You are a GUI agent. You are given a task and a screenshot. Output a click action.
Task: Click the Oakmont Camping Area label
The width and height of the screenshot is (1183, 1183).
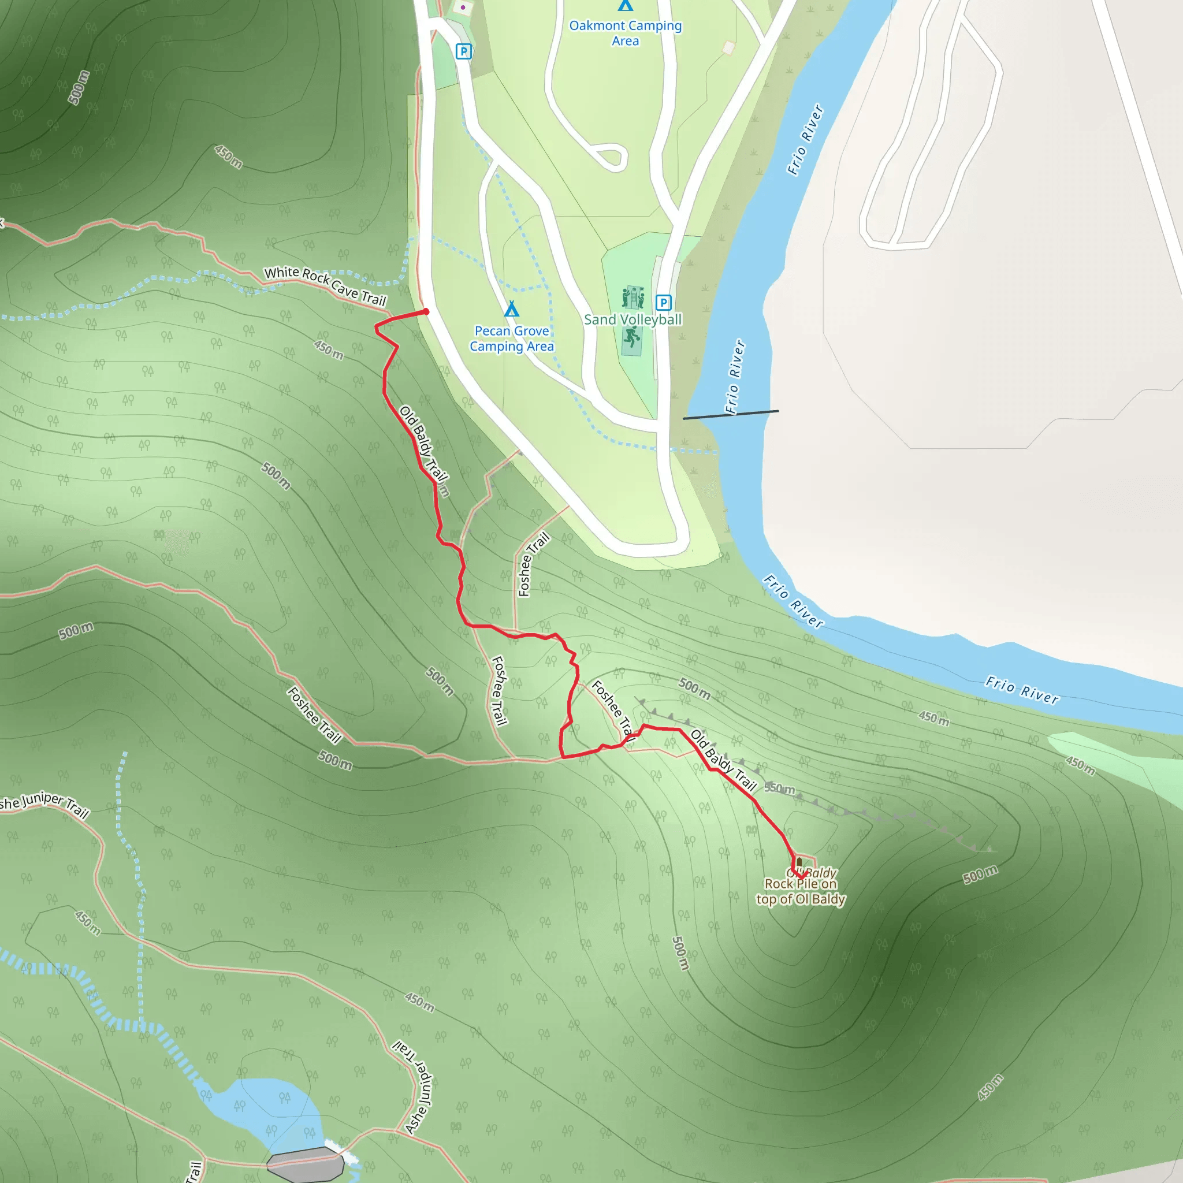coord(625,33)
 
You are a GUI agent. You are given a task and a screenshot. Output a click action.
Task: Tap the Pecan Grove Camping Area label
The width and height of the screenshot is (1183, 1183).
coord(511,338)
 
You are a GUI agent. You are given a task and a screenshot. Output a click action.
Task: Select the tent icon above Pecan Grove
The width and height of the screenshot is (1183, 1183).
coord(511,309)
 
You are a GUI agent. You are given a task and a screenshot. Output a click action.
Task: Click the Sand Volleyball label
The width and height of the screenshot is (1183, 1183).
coord(633,319)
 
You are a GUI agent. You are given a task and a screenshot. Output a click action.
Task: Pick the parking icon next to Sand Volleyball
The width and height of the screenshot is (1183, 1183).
coord(663,303)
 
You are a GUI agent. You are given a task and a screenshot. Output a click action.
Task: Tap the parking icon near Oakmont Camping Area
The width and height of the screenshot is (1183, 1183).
coord(463,51)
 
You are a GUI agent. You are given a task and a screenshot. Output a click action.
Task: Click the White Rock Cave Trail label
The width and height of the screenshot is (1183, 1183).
coord(325,286)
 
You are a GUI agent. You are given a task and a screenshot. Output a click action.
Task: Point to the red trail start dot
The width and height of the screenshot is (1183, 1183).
coord(426,312)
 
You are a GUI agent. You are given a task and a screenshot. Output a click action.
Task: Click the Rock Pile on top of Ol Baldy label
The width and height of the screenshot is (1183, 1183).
coord(801,891)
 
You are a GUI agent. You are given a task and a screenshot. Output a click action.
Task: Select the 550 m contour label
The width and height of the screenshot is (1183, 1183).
coord(779,788)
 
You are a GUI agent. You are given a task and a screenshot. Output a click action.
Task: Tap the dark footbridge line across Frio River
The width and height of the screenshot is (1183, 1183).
coord(731,415)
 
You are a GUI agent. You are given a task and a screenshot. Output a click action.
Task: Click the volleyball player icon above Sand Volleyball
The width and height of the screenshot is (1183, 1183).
coord(633,297)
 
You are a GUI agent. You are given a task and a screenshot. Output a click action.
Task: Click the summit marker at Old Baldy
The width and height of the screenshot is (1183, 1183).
coord(799,863)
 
